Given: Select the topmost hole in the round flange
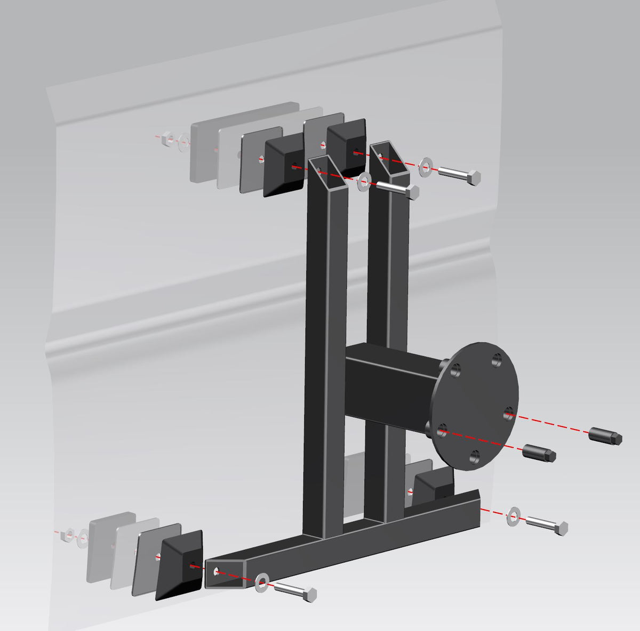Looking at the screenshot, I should click(497, 358).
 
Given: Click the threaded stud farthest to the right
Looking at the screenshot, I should click(605, 435).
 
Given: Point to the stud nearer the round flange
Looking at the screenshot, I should click(539, 453).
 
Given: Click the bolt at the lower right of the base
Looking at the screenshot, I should click(547, 525).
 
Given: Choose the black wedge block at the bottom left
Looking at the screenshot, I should click(180, 564).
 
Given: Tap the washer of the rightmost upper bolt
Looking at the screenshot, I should click(426, 167).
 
